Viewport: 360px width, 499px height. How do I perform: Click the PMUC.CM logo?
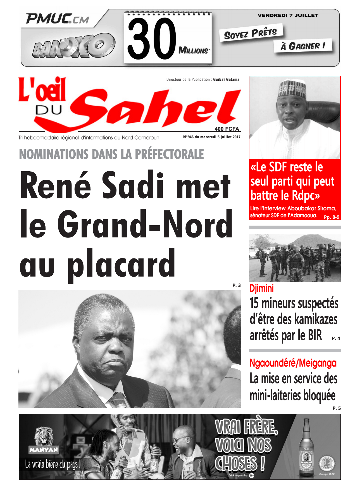pos(58,19)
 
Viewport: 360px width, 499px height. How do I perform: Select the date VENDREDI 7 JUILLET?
pos(288,15)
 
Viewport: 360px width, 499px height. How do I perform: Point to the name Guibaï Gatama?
pos(226,79)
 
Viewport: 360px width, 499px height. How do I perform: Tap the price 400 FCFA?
pos(227,129)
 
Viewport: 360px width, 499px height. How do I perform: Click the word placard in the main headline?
pos(121,263)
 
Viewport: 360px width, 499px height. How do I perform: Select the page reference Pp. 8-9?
pos(332,217)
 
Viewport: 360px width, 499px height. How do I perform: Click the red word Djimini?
pos(261,288)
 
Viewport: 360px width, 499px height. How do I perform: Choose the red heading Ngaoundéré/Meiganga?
pos(293,363)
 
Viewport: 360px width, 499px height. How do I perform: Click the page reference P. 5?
pos(337,408)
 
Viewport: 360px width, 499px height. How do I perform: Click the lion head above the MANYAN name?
pos(44,436)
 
